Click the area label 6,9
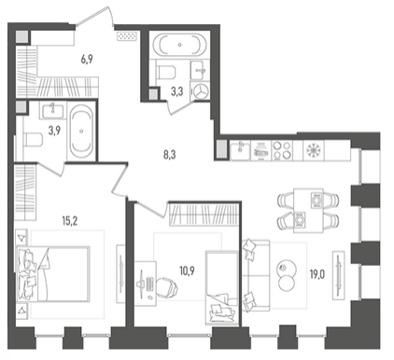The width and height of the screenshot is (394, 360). tap(87, 59)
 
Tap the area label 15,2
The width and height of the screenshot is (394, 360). tap(70, 221)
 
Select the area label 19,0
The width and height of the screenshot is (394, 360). tap(317, 275)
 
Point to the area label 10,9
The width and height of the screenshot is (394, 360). tap(187, 270)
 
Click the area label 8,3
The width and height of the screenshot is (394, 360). tap(170, 155)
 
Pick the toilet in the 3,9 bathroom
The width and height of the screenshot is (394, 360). tap(33, 139)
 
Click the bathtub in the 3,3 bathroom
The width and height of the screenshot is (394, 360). tap(180, 45)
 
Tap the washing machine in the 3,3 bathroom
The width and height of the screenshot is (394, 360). tap(200, 91)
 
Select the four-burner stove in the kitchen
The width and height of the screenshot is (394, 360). tap(282, 150)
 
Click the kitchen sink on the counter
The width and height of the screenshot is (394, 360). tap(240, 150)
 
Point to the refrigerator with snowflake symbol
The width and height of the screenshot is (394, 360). tap(314, 150)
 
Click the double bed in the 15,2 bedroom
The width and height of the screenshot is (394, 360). tap(53, 274)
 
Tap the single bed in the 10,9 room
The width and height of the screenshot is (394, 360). tap(222, 288)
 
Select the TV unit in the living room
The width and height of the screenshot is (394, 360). tap(339, 275)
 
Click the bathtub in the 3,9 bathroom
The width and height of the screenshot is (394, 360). tap(81, 132)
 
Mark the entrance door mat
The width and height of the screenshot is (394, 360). tap(127, 36)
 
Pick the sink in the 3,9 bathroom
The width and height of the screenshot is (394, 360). tap(53, 111)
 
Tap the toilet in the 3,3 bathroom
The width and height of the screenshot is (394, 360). tap(165, 71)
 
